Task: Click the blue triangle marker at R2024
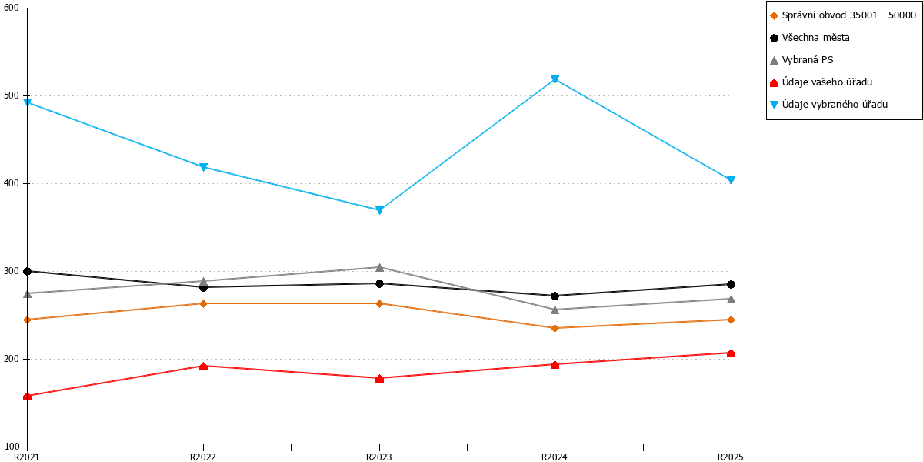tap(555, 79)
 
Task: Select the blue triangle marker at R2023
tap(379, 210)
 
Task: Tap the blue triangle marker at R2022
tap(203, 167)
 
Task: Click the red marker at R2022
tap(203, 367)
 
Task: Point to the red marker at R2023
tap(379, 378)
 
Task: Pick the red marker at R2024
tap(555, 365)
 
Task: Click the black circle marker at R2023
tap(379, 284)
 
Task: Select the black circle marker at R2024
tap(555, 296)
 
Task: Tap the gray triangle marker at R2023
tap(379, 268)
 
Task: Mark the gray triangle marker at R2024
tap(555, 310)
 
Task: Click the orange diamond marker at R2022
tap(203, 304)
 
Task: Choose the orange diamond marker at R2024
tap(555, 328)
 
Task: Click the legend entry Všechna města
tap(809, 38)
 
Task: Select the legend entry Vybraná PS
tap(801, 60)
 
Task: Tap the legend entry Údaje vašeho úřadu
tap(821, 82)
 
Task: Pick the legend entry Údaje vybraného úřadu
tap(828, 105)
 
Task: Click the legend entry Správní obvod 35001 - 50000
tap(843, 15)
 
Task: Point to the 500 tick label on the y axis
tap(12, 95)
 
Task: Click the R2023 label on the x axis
tap(379, 457)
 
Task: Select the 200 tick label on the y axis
tap(12, 359)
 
